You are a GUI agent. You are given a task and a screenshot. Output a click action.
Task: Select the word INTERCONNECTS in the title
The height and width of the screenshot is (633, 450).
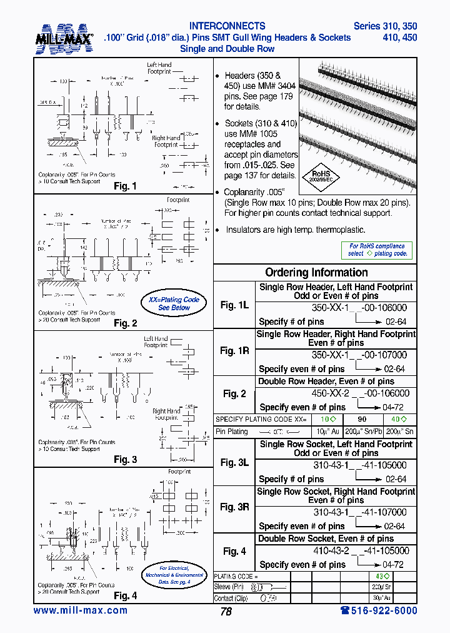click(227, 26)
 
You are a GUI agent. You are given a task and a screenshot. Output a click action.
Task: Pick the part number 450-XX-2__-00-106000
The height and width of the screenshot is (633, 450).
click(361, 393)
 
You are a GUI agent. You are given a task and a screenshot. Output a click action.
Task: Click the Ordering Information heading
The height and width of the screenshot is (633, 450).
click(316, 272)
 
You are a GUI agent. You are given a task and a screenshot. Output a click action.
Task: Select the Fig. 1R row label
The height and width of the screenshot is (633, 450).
click(234, 351)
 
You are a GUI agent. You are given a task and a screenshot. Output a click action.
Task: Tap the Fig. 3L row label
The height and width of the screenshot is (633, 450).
click(234, 462)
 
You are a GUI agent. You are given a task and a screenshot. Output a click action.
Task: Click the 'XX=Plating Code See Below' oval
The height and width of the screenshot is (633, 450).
click(173, 304)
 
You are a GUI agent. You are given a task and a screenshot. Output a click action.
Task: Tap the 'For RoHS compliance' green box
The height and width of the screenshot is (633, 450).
click(377, 250)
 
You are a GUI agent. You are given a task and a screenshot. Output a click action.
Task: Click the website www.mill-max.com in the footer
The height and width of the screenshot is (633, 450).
click(80, 610)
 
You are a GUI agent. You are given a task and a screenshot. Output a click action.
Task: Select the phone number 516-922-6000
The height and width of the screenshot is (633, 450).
click(379, 610)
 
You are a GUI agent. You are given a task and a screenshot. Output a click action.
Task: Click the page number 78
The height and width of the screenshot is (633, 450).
click(226, 612)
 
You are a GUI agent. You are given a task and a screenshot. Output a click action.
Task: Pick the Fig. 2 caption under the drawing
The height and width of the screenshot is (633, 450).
click(125, 323)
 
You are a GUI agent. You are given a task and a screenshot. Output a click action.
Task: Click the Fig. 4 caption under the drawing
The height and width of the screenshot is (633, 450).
click(125, 595)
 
